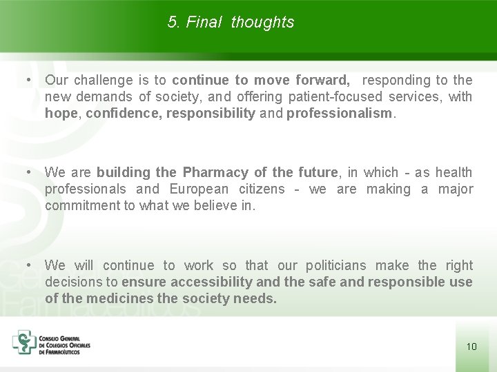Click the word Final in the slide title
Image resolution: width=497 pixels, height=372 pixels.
coord(204,23)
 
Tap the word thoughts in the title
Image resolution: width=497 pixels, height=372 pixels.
coord(262,23)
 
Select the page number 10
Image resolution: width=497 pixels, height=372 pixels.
coord(471,347)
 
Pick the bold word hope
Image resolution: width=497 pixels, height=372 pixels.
coord(61,114)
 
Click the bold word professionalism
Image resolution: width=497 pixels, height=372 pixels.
coord(338,114)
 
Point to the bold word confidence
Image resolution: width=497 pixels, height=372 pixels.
coord(122,114)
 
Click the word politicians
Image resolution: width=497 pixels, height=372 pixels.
coord(335,266)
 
